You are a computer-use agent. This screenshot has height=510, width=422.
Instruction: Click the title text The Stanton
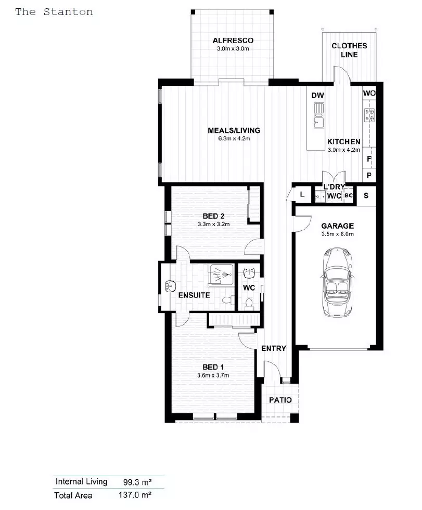coord(54,11)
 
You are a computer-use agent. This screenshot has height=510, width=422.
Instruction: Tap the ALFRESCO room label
coord(233,40)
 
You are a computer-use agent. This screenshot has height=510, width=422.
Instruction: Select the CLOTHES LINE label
coord(349,50)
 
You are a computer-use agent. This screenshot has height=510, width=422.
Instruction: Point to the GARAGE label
coord(337,226)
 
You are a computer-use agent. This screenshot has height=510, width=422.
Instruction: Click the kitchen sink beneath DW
coord(318,115)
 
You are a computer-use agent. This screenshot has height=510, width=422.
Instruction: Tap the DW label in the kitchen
coord(317,95)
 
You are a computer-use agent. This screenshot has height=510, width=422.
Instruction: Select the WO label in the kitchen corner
coord(369,93)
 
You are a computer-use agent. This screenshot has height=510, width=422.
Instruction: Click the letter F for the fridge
coord(369,159)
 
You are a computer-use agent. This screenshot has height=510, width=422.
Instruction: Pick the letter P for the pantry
coord(369,176)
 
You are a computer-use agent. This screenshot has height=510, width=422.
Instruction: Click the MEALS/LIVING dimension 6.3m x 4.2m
coord(234,139)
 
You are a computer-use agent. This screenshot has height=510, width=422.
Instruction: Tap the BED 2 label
coord(213,215)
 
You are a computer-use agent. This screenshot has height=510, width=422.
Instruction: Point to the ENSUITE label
coord(194,295)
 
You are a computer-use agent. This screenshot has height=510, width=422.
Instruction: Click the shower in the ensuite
coord(222,274)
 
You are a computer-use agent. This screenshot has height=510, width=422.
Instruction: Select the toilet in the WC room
coord(249,303)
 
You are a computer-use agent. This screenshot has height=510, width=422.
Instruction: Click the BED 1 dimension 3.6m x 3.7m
coord(213,375)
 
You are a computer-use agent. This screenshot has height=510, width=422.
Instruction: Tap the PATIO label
coord(280,400)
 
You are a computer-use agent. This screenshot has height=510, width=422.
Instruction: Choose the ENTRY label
coord(273,348)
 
